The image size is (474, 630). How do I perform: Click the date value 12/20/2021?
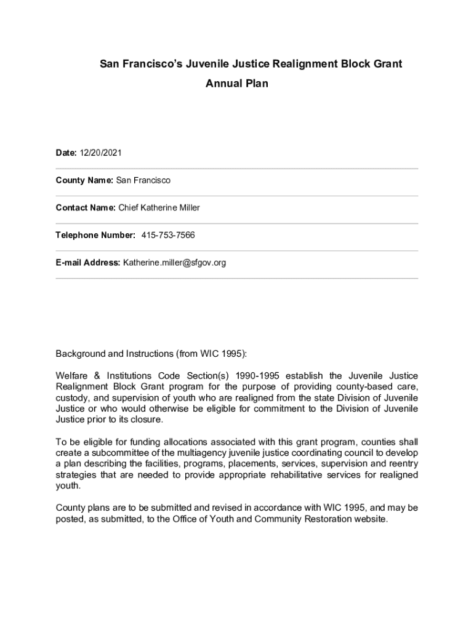(x=96, y=153)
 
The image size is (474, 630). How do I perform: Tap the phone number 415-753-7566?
(x=168, y=235)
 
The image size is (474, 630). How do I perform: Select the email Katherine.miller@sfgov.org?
(x=174, y=263)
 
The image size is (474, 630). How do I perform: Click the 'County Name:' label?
(x=84, y=180)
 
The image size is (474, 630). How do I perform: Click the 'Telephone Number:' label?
(x=95, y=235)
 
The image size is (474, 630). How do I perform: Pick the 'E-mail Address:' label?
(x=88, y=263)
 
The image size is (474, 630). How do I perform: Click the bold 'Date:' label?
(x=66, y=153)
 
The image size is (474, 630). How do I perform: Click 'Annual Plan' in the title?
(x=237, y=83)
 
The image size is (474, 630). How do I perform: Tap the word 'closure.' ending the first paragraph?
(x=147, y=419)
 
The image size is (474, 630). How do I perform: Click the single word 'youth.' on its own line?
(x=68, y=485)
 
